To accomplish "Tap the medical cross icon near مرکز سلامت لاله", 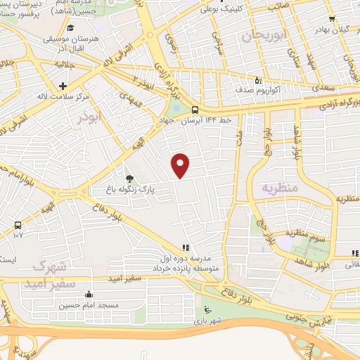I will tap(63, 85).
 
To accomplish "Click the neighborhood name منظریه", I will tap(281, 188).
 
